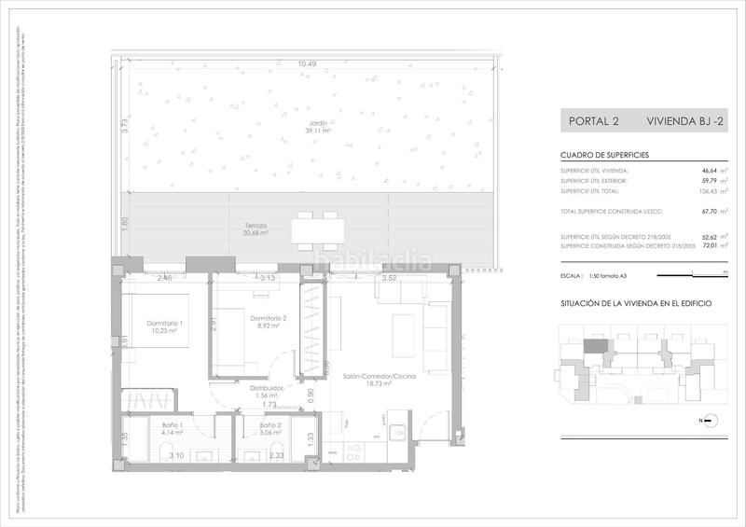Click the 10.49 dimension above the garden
[x=307, y=64]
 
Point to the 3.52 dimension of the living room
[x=391, y=278]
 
